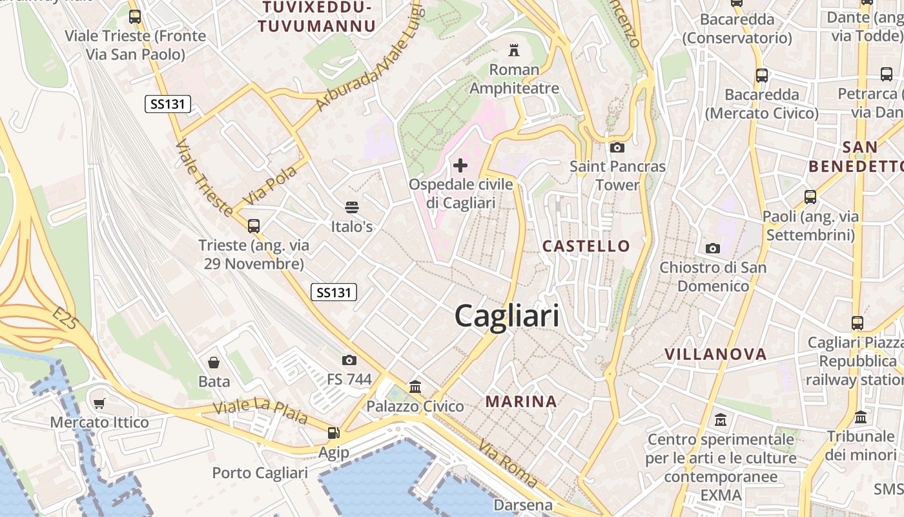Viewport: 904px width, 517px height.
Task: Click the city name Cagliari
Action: click(507, 316)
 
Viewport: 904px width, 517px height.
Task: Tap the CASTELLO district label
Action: click(586, 246)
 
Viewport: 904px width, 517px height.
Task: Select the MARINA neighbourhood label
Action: click(521, 401)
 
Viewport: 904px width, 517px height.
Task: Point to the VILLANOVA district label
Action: click(715, 354)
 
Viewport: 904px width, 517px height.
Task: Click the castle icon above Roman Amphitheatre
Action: click(514, 50)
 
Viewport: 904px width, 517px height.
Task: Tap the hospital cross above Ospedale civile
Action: click(460, 165)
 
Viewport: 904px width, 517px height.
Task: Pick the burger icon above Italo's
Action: click(352, 207)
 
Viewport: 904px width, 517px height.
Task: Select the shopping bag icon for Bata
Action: click(214, 363)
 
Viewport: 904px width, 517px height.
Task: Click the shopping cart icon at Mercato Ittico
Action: click(99, 403)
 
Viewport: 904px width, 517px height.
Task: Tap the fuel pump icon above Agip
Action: click(333, 433)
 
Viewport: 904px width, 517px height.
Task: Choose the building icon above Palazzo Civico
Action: click(415, 386)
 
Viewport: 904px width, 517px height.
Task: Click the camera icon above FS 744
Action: click(349, 360)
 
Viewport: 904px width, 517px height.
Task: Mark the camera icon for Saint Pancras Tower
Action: click(617, 147)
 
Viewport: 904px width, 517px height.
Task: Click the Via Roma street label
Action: click(508, 464)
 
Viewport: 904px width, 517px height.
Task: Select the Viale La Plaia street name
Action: click(260, 412)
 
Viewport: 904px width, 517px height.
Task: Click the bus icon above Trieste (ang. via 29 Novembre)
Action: click(254, 226)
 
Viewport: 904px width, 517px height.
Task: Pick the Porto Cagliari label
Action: click(260, 473)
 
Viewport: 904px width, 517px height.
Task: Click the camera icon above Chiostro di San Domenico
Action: click(713, 248)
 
